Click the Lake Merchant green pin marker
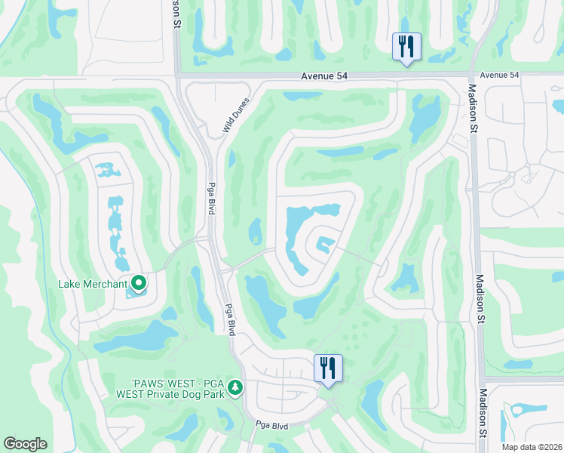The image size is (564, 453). pos(139,283)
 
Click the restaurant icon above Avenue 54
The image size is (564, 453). pos(406,47)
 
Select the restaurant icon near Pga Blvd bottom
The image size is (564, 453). pos(327,368)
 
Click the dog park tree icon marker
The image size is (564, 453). pos(235,387)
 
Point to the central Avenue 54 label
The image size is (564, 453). pos(326,75)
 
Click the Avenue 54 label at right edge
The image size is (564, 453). pos(499,75)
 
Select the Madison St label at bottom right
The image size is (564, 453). pos(483,414)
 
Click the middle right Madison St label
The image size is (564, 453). pos(480,293)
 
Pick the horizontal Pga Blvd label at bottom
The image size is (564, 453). pos(271,426)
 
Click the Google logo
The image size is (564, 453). pos(25,444)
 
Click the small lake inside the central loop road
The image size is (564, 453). pos(324,244)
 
